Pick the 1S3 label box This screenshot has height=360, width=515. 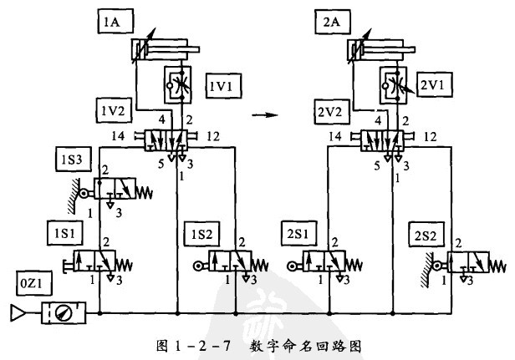[68, 160]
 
